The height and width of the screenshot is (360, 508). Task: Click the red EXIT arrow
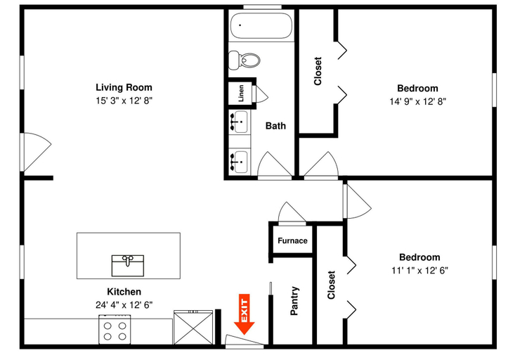coord(245,314)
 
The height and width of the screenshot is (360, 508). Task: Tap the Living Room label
coord(124,87)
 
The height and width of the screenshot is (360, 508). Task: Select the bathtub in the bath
coord(261,25)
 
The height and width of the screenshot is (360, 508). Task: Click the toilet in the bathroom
coord(245,60)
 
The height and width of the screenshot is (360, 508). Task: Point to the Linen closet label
coord(241,94)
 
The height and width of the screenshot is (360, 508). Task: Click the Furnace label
coord(292,240)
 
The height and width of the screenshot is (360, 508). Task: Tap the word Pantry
coord(294,301)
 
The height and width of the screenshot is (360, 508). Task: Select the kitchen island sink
coord(128,266)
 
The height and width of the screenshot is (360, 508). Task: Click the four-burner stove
coord(115,330)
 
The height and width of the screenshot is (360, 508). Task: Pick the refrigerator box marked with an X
coord(193,328)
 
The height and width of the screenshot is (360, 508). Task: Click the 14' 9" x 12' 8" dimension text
coord(417,101)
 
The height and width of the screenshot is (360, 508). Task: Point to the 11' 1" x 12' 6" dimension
coord(419,270)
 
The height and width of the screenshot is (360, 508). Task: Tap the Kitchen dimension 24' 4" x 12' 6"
coord(124,305)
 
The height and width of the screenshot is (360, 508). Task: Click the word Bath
coord(275,126)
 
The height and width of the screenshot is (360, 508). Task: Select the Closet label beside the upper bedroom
coord(318,71)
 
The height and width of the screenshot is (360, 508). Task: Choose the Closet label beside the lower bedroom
coord(331,285)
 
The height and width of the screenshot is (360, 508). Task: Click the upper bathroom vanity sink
coord(240,122)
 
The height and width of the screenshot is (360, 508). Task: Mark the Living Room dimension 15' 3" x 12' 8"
coord(124,101)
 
